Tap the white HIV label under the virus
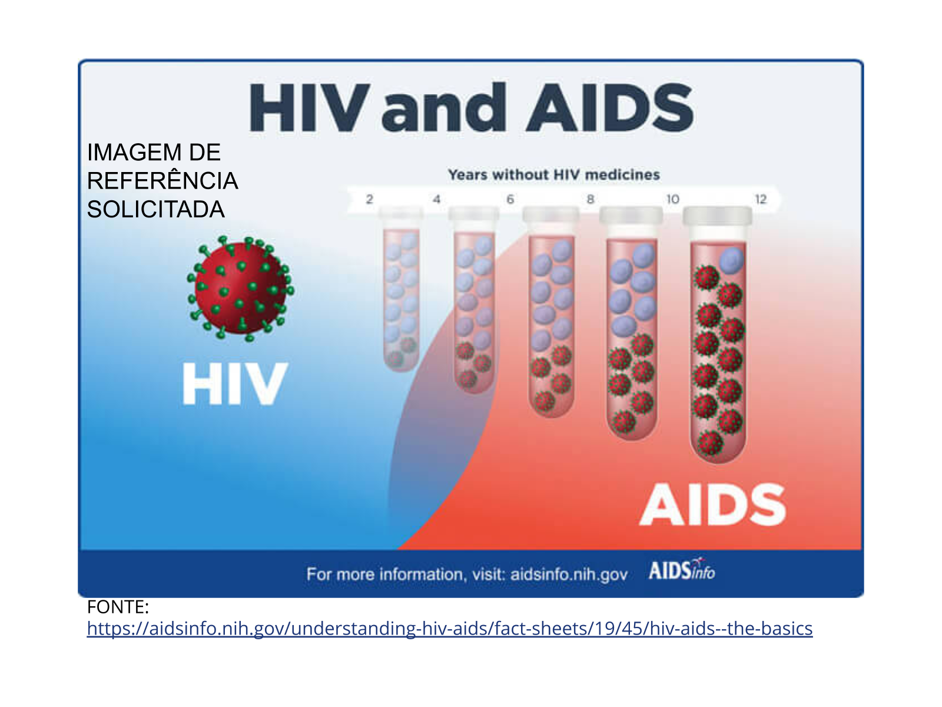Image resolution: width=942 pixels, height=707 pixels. [x=234, y=384]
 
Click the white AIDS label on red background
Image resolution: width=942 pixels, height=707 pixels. [x=712, y=504]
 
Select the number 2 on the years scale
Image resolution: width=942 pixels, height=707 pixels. [x=370, y=199]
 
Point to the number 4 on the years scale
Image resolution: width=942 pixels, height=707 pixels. [x=436, y=199]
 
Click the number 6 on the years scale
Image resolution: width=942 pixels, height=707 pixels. [x=510, y=199]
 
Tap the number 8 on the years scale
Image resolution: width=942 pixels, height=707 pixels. [x=591, y=199]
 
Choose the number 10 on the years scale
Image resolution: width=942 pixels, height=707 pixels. [x=672, y=199]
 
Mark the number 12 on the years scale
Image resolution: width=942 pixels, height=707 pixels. [x=761, y=199]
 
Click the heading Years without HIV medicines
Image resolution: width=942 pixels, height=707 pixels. [x=553, y=175]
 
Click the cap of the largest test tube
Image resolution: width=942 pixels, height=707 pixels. [x=717, y=216]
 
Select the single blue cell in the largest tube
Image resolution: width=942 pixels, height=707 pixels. [x=731, y=260]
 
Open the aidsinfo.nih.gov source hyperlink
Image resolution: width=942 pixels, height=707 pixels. [x=449, y=629]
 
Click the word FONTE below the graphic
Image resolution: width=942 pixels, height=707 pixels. [x=118, y=607]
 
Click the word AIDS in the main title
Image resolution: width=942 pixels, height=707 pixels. [x=610, y=107]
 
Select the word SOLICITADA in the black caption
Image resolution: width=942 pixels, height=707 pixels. [x=156, y=210]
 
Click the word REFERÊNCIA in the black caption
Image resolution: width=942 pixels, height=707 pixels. [x=162, y=180]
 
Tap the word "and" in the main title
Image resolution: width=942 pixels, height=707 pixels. [x=443, y=107]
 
